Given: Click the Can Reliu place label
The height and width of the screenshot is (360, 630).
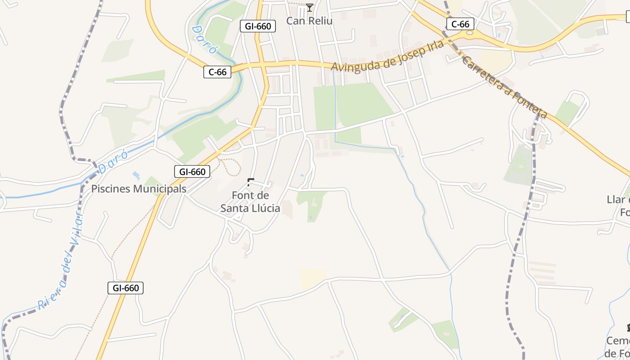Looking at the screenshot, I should click(x=310, y=21).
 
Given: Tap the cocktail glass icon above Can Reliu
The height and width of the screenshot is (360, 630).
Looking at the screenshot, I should click(x=310, y=7).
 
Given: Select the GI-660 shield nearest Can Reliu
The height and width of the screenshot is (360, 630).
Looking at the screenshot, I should click(x=258, y=26).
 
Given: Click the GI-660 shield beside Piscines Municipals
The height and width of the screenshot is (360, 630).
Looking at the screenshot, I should click(x=192, y=171).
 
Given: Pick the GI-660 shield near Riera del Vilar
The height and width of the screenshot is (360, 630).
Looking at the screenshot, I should click(x=126, y=288).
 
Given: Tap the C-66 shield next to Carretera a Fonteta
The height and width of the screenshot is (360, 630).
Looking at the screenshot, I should click(x=460, y=24).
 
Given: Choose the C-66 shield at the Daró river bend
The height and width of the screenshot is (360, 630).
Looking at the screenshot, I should click(x=217, y=72).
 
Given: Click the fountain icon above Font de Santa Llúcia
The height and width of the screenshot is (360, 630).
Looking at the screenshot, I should click(x=251, y=182).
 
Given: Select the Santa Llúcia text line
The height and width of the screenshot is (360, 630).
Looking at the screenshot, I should click(x=250, y=208).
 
